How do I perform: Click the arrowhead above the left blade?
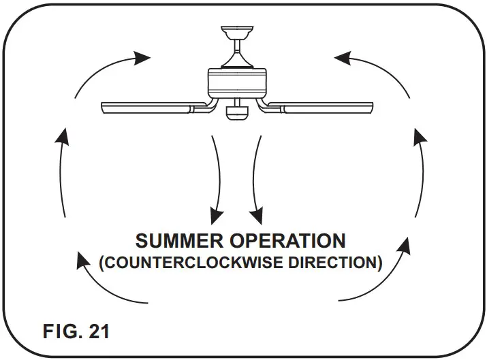pyautogui.click(x=142, y=57)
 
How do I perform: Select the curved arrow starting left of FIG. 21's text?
pyautogui.click(x=109, y=279)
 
